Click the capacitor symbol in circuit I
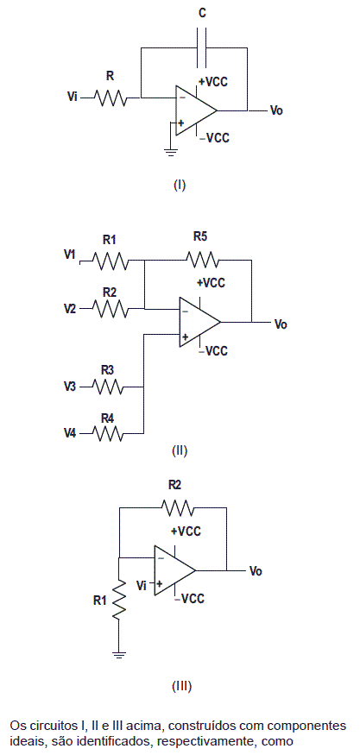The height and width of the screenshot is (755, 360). [201, 47]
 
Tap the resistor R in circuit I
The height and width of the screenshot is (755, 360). [110, 98]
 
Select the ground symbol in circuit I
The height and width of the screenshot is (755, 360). [169, 153]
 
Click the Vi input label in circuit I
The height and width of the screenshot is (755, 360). [73, 98]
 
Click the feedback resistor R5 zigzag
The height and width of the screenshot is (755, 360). [203, 260]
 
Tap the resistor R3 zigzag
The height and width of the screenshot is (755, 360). [107, 387]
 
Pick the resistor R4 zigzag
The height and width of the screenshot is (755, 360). [107, 434]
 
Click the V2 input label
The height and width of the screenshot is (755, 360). [70, 308]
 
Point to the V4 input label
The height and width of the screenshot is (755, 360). [70, 434]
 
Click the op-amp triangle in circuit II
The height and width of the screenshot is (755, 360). [199, 322]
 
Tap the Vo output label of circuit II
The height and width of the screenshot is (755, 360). [281, 324]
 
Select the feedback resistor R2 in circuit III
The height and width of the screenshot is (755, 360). [177, 507]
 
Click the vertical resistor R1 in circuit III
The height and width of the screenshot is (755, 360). [118, 599]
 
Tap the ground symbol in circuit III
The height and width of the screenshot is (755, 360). [118, 654]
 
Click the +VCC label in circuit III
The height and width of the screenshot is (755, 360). [186, 532]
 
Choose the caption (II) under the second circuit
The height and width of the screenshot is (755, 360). [180, 450]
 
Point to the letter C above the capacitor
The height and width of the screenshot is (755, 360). [202, 14]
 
